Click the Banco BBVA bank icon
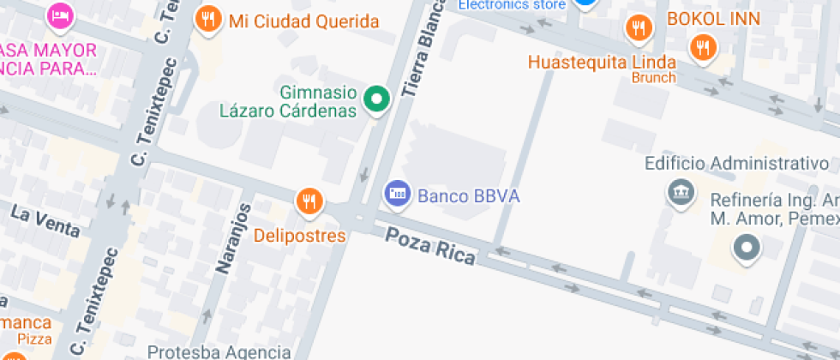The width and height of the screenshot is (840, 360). coord(397,194)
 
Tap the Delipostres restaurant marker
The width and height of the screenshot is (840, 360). coord(309,202)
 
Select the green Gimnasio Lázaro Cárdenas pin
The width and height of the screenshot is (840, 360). coord(375,100)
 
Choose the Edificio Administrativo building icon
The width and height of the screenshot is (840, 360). coord(681,194)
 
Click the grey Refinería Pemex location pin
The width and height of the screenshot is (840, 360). coord(747,249)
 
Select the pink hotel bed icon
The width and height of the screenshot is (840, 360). coord(60,14)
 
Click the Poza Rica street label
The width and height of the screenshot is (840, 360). coord(429,246)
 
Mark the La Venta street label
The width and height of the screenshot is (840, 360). coord(45,220)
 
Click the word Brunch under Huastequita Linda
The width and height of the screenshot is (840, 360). coord(654,78)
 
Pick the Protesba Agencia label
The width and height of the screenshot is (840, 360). coord(219,351)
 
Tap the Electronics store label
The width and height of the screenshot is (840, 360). coord(512,5)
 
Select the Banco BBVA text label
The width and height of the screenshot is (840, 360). coord(468,195)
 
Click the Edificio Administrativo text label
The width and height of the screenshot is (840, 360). coord(736,163)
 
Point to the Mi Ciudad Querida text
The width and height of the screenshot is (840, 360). coord(303,21)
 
